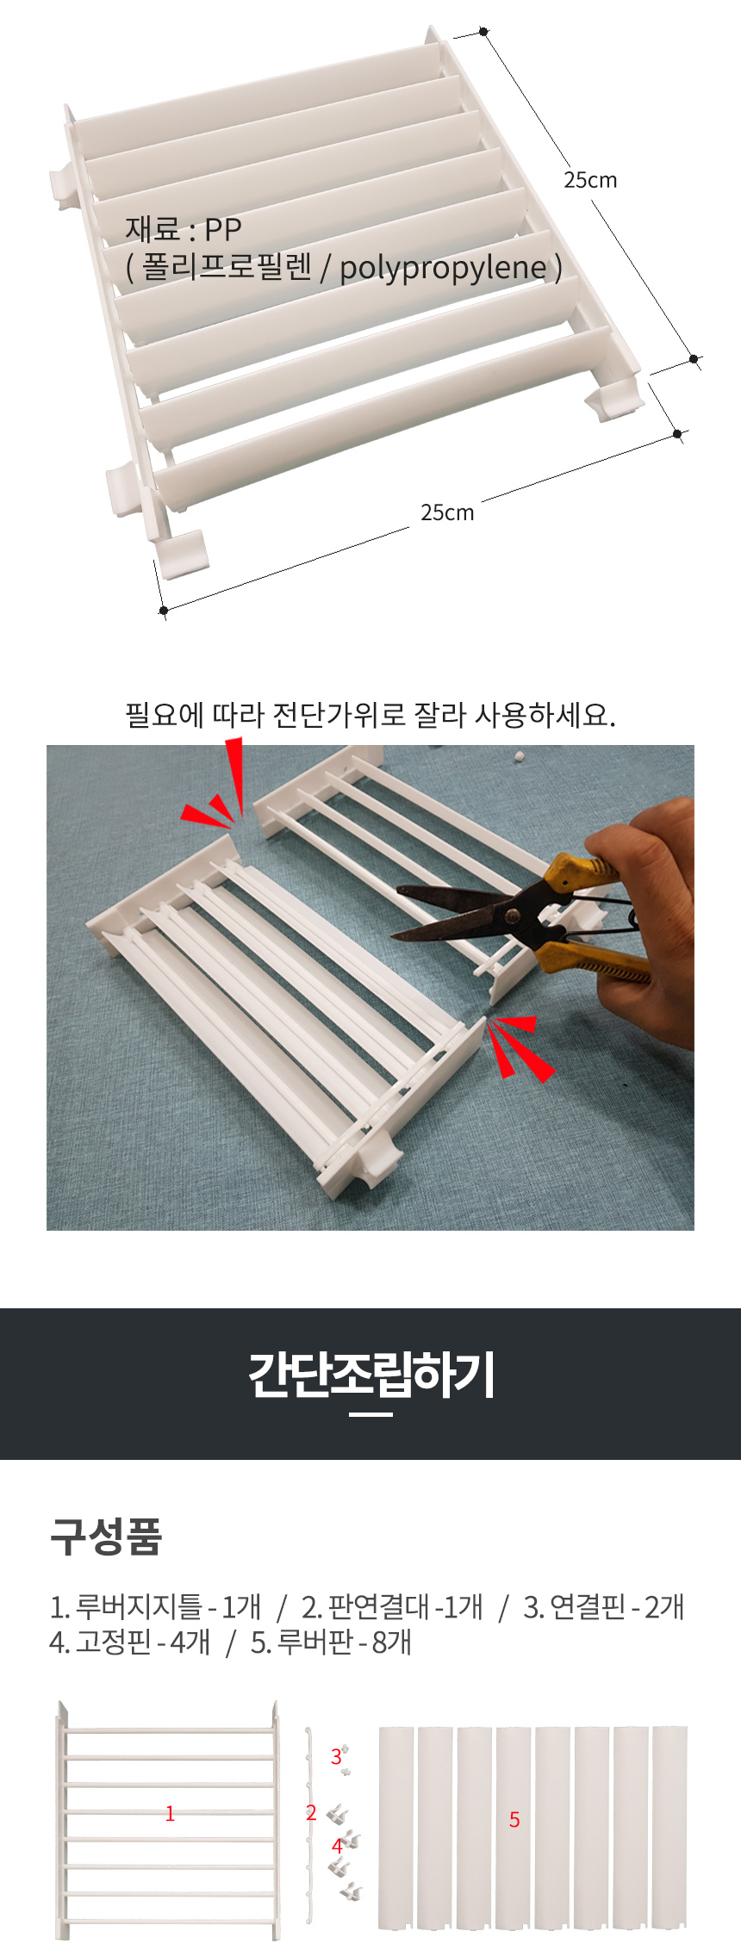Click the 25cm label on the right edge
[x=590, y=180]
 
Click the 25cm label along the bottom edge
[x=447, y=512]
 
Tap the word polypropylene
[x=443, y=268]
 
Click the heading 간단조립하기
[x=371, y=1375]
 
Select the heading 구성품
[x=106, y=1537]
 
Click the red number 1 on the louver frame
[x=170, y=1814]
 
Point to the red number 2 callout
[x=311, y=1812]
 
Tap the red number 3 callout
[x=336, y=1755]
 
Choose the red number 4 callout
[x=337, y=1846]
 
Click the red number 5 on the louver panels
[x=514, y=1819]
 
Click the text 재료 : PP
[x=183, y=229]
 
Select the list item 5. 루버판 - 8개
[x=331, y=1642]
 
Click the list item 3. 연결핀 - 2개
[x=604, y=1606]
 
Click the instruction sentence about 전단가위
[x=370, y=714]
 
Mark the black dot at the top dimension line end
[x=484, y=32]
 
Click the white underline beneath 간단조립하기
[x=371, y=1414]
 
